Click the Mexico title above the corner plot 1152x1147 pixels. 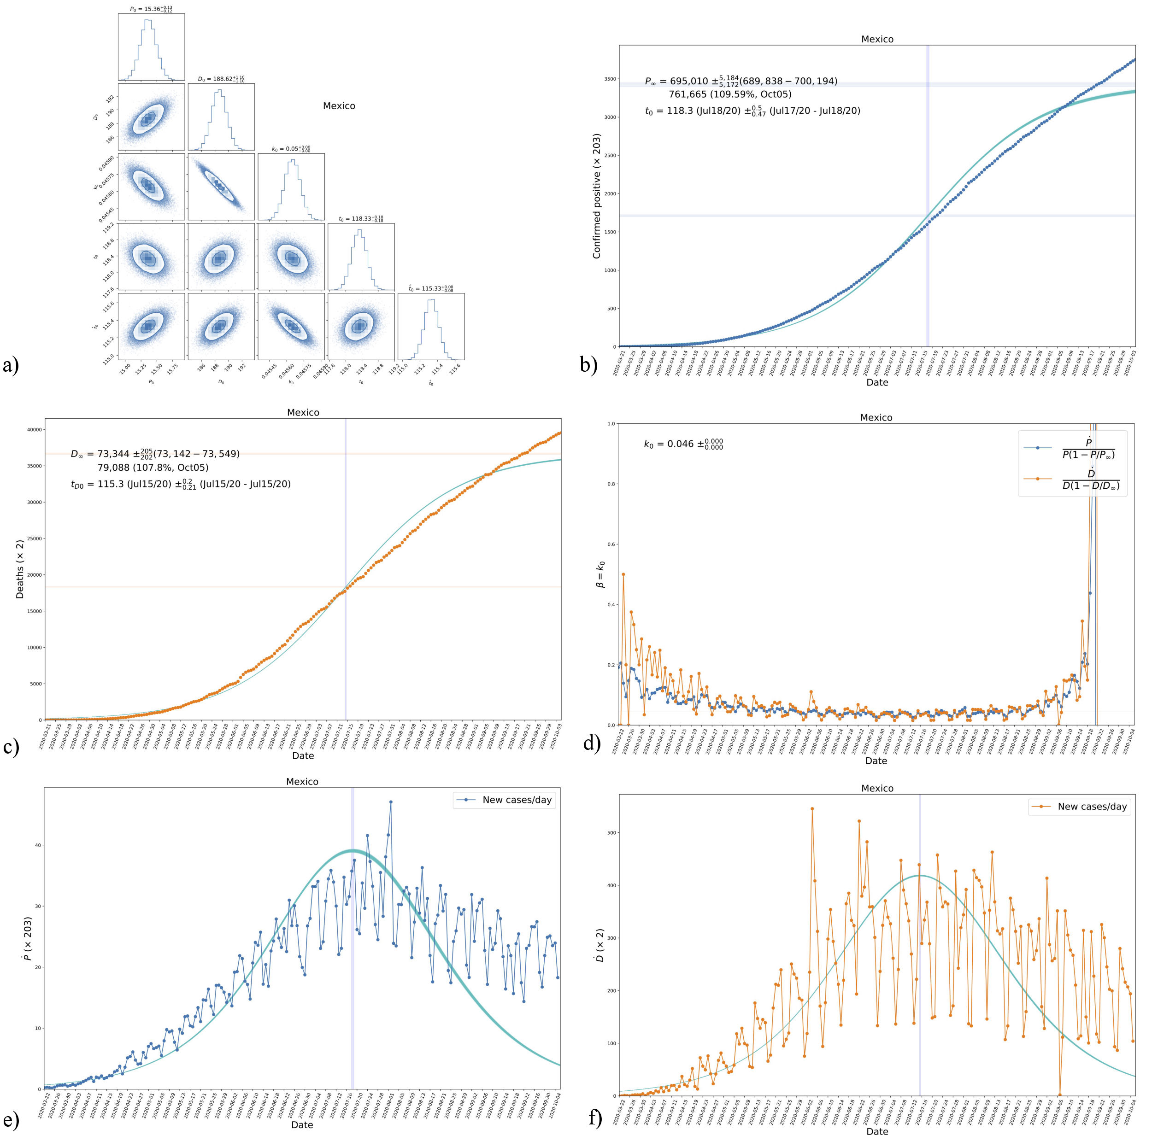(x=339, y=105)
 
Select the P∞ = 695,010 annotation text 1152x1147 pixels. (x=741, y=81)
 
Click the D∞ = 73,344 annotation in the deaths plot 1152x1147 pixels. (x=155, y=454)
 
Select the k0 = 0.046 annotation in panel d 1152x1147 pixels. (x=683, y=444)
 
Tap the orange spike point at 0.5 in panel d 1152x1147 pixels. (x=623, y=574)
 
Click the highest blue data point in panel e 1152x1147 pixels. (x=391, y=802)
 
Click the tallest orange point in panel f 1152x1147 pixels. (x=812, y=808)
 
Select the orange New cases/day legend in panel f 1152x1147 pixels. (x=1079, y=807)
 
